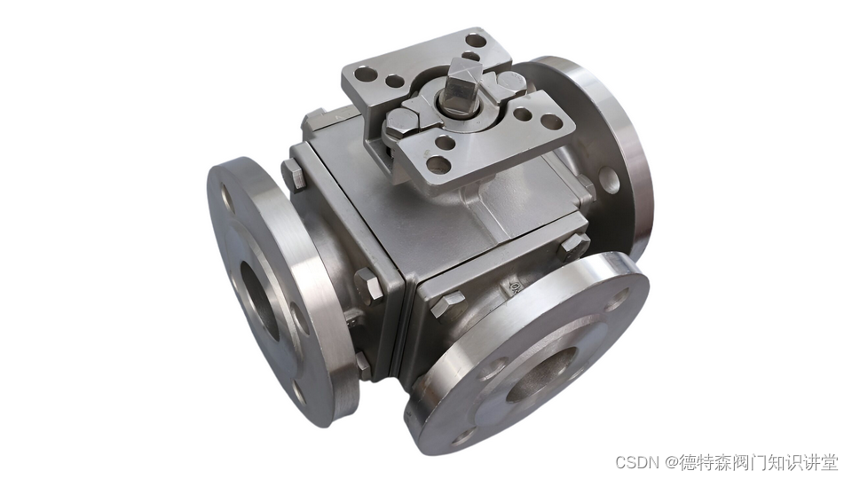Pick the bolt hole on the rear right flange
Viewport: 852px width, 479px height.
coord(609,180)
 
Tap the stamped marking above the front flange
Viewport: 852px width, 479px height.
coord(514,286)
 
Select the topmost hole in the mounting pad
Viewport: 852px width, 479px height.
coord(476,40)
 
